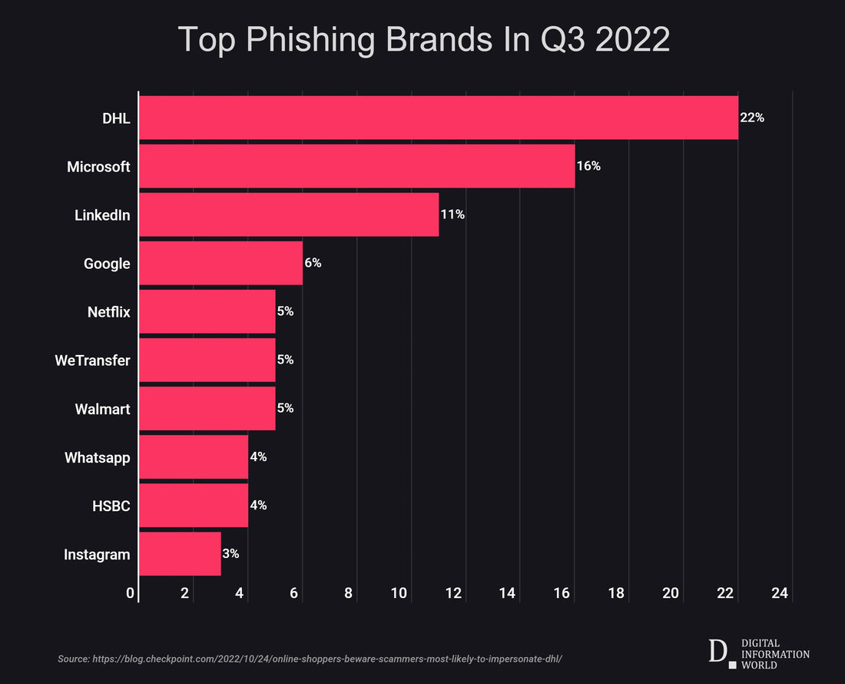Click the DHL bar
tap(438, 118)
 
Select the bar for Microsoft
tap(356, 166)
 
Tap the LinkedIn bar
tap(288, 214)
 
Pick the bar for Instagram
tap(180, 553)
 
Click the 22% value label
tap(752, 118)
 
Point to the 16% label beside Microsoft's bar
tap(588, 166)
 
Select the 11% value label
tap(452, 214)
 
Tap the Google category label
tap(107, 264)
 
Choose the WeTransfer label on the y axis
tap(92, 360)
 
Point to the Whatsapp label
tap(97, 457)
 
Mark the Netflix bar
tap(207, 311)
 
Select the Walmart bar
tap(207, 408)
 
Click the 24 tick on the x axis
tap(780, 593)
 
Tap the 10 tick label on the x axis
tap(399, 593)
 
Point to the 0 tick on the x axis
tap(131, 593)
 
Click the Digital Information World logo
tap(758, 653)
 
